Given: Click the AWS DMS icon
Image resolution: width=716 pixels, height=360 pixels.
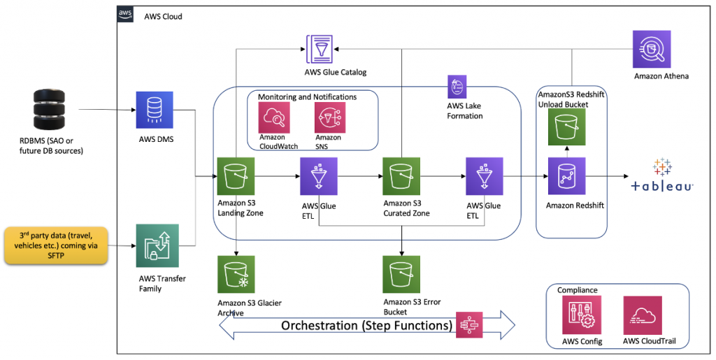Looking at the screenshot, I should tap(155, 110).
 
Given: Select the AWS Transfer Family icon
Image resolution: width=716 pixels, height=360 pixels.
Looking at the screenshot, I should tap(157, 245).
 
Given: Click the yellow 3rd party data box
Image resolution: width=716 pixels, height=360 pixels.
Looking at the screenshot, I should tap(57, 245).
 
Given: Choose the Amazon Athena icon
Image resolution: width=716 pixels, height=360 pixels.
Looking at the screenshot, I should tap(652, 50).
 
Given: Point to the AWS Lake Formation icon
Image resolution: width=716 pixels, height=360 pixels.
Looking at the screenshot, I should tap(457, 87).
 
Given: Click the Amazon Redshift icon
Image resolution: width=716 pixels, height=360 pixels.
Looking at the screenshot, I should tap(566, 176).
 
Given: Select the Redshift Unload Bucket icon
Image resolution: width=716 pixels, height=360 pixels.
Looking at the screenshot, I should tap(567, 127).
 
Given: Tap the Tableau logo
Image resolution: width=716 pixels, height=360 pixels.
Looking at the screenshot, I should tap(661, 176).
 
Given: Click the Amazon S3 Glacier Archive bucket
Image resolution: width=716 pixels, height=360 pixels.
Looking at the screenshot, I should tap(236, 274).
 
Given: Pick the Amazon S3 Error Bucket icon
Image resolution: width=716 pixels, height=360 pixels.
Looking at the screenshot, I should tap(402, 274).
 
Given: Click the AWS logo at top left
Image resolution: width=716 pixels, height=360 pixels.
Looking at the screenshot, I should tap(125, 15).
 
